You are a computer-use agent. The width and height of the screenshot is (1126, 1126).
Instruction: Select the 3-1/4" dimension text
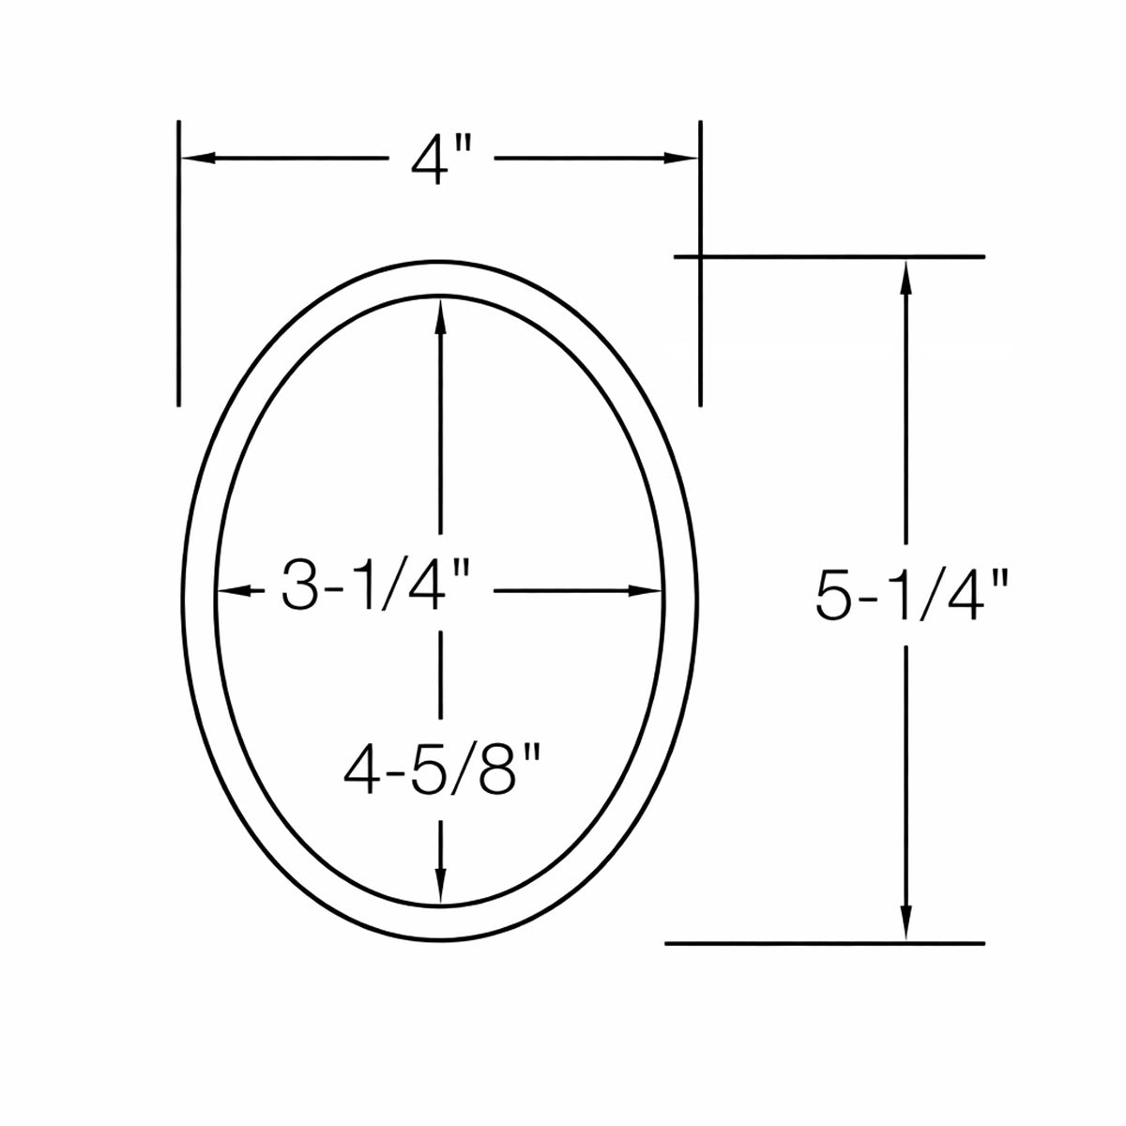click(373, 591)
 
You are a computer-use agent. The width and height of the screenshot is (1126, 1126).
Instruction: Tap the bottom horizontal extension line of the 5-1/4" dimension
click(826, 942)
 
